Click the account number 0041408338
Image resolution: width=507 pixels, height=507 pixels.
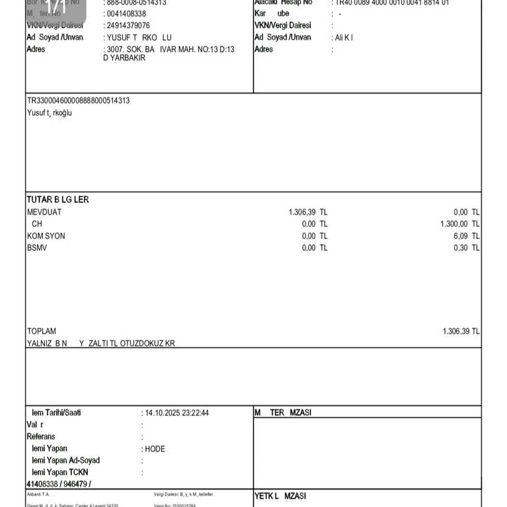click(127, 14)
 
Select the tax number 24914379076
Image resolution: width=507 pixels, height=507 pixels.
click(128, 26)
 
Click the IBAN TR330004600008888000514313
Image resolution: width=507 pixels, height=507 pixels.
click(78, 101)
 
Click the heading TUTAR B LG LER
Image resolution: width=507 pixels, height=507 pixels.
click(57, 199)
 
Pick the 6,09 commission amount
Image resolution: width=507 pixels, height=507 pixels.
click(461, 236)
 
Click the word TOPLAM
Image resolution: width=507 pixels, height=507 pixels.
click(42, 331)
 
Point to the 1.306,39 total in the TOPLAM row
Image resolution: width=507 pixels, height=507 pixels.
click(456, 331)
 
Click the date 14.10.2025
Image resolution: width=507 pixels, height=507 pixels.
click(164, 413)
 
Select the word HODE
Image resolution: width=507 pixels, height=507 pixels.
click(155, 449)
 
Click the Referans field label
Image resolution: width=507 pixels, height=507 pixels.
click(41, 436)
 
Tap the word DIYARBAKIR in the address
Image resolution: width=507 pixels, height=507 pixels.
click(123, 58)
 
